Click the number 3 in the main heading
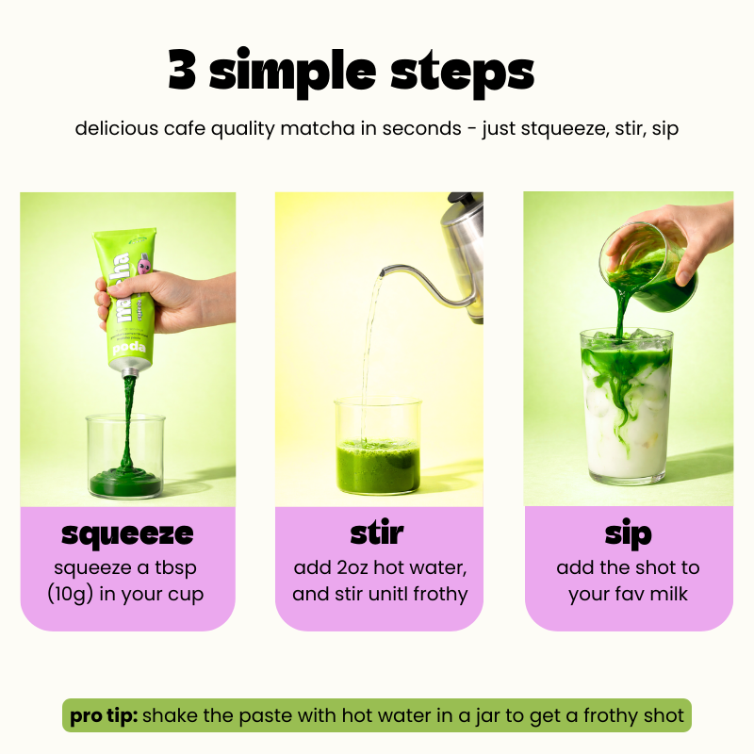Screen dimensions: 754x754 click(182, 70)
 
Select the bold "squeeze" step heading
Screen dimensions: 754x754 click(127, 534)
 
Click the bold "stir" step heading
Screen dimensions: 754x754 click(377, 533)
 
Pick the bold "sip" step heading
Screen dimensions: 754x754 click(628, 533)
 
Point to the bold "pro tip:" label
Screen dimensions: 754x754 click(104, 716)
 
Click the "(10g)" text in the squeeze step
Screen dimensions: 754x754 click(70, 595)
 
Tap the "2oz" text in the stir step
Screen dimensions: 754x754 click(352, 568)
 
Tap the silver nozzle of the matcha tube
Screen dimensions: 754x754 click(129, 371)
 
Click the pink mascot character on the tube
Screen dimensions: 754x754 click(143, 266)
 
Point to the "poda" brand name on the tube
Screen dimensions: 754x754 click(129, 348)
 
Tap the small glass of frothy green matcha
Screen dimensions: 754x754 click(378, 446)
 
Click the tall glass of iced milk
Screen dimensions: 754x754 click(626, 406)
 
